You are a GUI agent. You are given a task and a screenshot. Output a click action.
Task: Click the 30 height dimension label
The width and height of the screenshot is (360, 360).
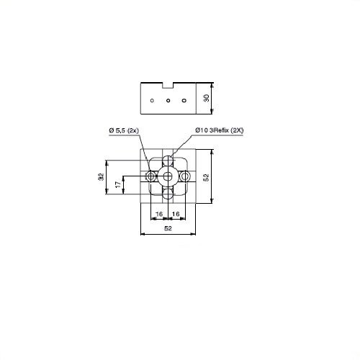point(207,98)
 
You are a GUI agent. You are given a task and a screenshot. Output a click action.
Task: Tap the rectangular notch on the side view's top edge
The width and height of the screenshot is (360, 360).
point(168,86)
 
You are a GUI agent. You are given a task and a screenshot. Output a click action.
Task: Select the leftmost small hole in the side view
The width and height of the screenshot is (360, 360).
point(152,101)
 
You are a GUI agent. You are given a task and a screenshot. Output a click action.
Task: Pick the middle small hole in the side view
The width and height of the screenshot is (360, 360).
point(168,101)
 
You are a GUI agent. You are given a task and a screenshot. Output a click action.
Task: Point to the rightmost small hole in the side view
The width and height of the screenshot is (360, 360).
point(184,101)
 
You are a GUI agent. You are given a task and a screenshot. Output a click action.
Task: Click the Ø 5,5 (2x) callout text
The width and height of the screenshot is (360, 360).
point(124,130)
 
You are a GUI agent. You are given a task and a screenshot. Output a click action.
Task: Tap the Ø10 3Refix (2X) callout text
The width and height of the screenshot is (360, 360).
point(220,130)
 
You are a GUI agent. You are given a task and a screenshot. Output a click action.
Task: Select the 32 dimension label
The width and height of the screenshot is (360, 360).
point(102,177)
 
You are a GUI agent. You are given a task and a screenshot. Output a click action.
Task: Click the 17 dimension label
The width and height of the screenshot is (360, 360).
point(118,184)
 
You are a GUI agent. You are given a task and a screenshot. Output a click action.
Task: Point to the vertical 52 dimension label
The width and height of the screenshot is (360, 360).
point(206,177)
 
